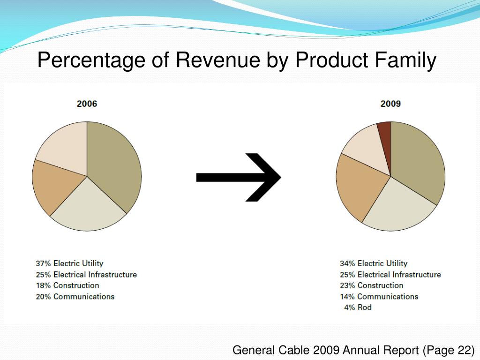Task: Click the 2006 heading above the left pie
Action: click(x=87, y=104)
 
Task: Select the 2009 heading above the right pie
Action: click(x=390, y=104)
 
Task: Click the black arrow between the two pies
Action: click(x=239, y=177)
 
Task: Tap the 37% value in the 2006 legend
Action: click(x=43, y=263)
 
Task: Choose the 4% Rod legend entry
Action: click(x=358, y=307)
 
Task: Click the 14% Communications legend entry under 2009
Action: click(x=379, y=297)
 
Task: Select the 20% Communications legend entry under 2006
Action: click(x=75, y=297)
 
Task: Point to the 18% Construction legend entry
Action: click(x=67, y=285)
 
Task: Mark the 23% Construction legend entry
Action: click(x=371, y=285)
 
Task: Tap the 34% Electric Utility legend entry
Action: click(x=374, y=263)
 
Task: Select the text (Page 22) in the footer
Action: click(x=449, y=350)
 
